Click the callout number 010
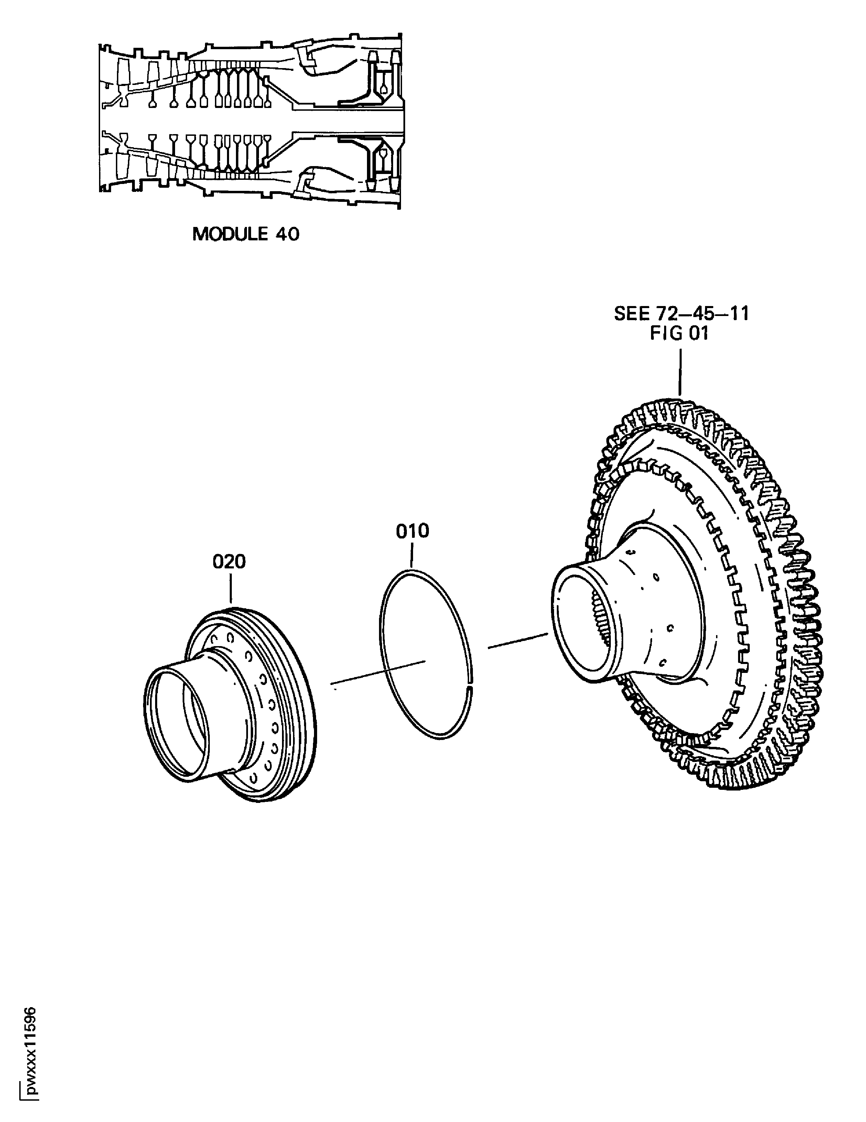[412, 531]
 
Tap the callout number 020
[229, 562]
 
